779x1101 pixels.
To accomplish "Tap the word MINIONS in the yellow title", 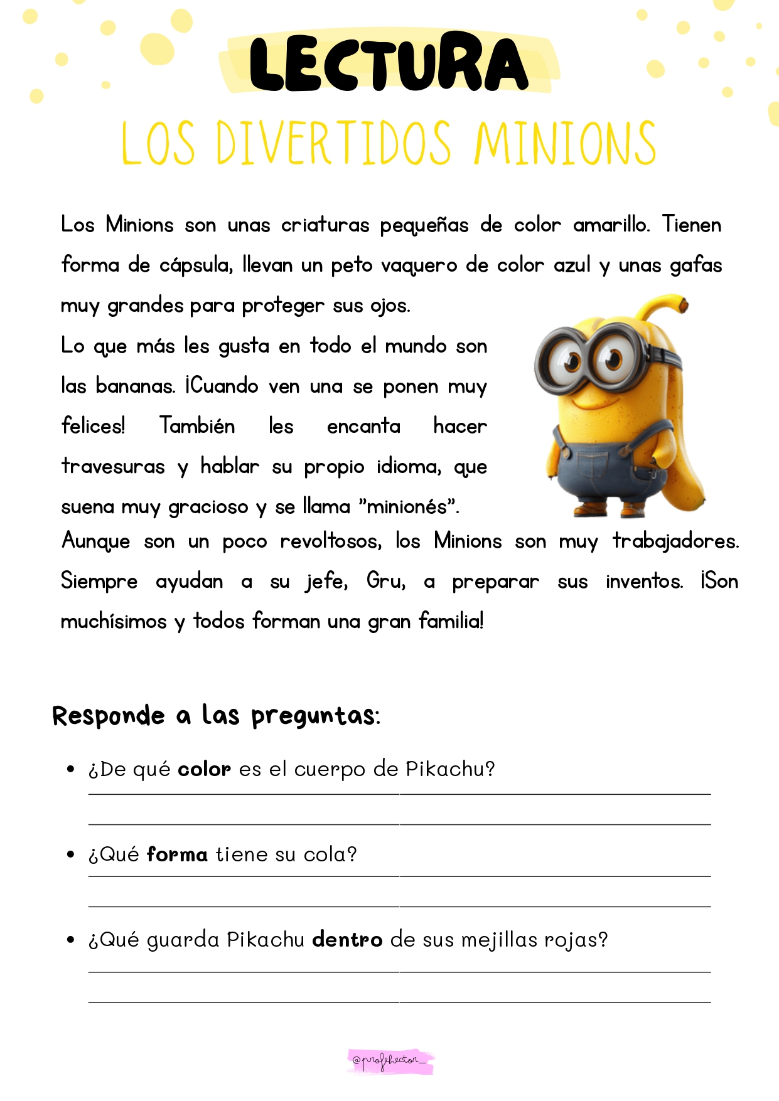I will [x=565, y=144].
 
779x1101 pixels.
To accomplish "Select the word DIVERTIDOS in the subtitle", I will [x=333, y=144].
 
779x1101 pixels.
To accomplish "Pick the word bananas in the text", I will [x=136, y=386].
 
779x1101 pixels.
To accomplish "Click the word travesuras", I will [x=113, y=466].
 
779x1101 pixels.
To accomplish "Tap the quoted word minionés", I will [x=408, y=506].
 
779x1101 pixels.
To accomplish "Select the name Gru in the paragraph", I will [x=385, y=581].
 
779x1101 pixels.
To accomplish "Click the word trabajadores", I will [x=675, y=541].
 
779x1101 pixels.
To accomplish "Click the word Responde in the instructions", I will [x=108, y=716].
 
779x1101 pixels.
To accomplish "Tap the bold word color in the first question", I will [x=204, y=769].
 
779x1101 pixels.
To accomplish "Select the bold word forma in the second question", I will [x=177, y=854].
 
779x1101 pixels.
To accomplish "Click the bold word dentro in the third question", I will [x=347, y=940].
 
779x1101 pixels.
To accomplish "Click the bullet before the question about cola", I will [x=71, y=854].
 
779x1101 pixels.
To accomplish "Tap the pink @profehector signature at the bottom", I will [x=390, y=1061].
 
